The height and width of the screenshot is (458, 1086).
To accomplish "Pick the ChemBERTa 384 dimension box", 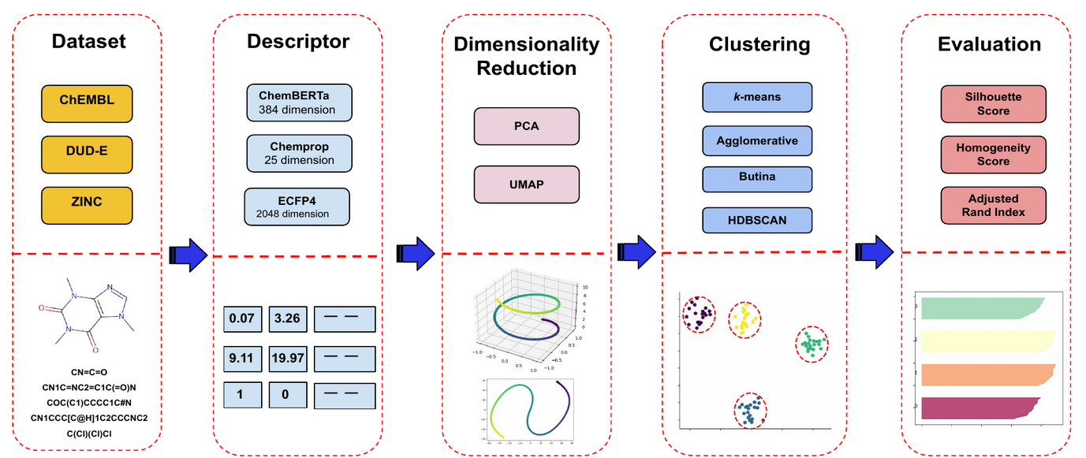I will coord(297,102).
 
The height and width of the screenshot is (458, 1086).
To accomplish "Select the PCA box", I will coord(527,126).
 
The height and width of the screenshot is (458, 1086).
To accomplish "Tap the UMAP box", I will coord(527,184).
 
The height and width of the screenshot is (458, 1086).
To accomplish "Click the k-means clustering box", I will coord(757,97).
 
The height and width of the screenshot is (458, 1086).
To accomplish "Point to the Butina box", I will coord(757,177).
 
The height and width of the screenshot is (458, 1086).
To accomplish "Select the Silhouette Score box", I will coord(993,104).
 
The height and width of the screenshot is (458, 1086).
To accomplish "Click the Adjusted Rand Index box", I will coord(993,205).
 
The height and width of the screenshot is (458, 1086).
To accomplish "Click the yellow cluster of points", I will coord(745,319).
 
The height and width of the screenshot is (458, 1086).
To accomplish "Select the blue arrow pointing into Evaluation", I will coord(874,251).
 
